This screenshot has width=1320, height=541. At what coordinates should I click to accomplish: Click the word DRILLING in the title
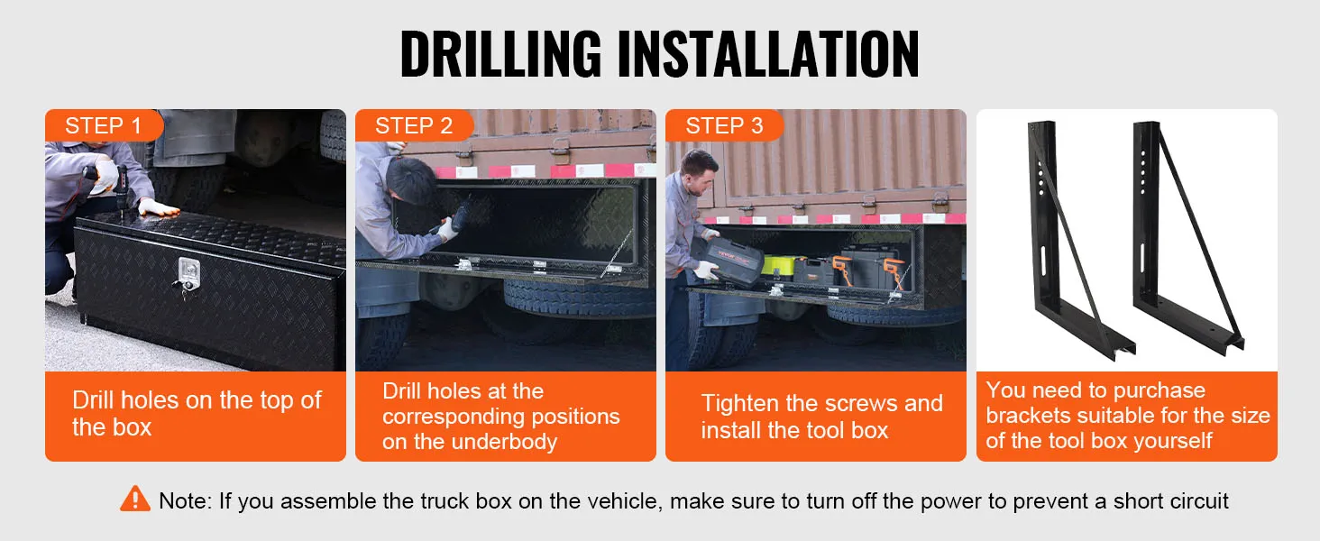(501, 53)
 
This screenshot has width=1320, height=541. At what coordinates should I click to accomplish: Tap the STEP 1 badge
(104, 125)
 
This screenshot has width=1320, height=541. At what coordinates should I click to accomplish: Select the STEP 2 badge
(414, 125)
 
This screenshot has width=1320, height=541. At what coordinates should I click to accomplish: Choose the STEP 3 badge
(724, 125)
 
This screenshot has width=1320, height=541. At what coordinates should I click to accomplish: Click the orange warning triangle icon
(135, 500)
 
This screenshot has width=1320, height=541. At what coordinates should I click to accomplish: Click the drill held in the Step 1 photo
(115, 184)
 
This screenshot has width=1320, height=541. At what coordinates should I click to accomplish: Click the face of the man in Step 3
(701, 176)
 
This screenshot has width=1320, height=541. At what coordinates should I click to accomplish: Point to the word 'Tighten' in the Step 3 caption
(740, 404)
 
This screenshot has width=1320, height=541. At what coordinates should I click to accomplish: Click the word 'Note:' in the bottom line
(185, 501)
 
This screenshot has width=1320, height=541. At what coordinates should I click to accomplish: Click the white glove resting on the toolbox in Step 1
(158, 207)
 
